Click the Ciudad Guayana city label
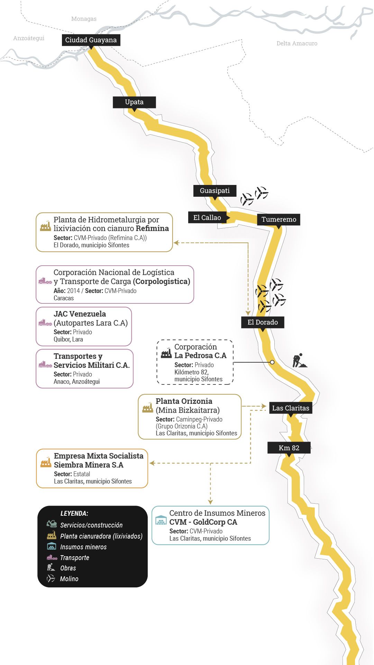[91, 40]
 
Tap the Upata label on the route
[134, 102]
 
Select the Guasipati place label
[215, 190]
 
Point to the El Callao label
[207, 218]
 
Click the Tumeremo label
[279, 219]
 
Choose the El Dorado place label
[263, 322]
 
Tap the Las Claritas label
[291, 408]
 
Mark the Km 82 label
[289, 448]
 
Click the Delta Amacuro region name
[297, 43]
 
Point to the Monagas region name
[84, 19]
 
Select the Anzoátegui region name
[29, 38]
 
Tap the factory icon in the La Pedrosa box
[166, 353]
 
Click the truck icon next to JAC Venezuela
[45, 322]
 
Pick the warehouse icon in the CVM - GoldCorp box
[161, 520]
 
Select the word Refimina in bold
[152, 228]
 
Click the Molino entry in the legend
[69, 579]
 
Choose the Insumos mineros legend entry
[83, 547]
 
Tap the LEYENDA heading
[74, 513]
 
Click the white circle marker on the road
[272, 362]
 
